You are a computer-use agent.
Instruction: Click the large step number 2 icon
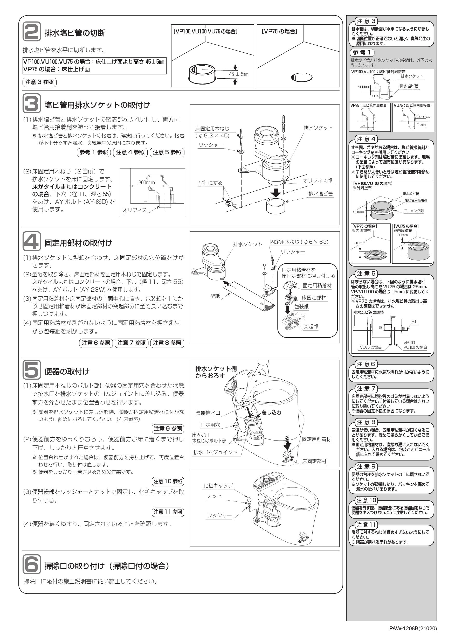(x=31, y=32)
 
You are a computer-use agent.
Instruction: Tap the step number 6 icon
(x=31, y=564)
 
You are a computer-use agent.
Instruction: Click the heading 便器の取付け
(x=67, y=371)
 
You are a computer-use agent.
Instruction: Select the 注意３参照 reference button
(x=39, y=82)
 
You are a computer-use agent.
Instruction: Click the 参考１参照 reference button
(x=94, y=152)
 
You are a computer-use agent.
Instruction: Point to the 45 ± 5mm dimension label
(x=238, y=74)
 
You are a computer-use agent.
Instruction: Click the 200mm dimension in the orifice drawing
(x=147, y=183)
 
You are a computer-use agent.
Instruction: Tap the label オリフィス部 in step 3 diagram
(x=318, y=181)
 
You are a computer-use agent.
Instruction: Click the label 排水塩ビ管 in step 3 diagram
(x=321, y=194)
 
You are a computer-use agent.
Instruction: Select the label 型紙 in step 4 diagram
(x=215, y=296)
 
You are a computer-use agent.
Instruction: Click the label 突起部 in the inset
(x=311, y=326)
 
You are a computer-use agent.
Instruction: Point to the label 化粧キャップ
(x=218, y=486)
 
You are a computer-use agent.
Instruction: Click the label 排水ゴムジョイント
(x=215, y=452)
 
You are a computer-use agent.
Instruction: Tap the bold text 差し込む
(x=271, y=412)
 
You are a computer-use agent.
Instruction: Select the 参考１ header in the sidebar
(x=362, y=52)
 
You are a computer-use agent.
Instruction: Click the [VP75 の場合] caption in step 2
(x=279, y=31)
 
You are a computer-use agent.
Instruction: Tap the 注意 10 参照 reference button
(x=168, y=481)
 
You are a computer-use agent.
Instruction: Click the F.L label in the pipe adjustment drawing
(x=414, y=322)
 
